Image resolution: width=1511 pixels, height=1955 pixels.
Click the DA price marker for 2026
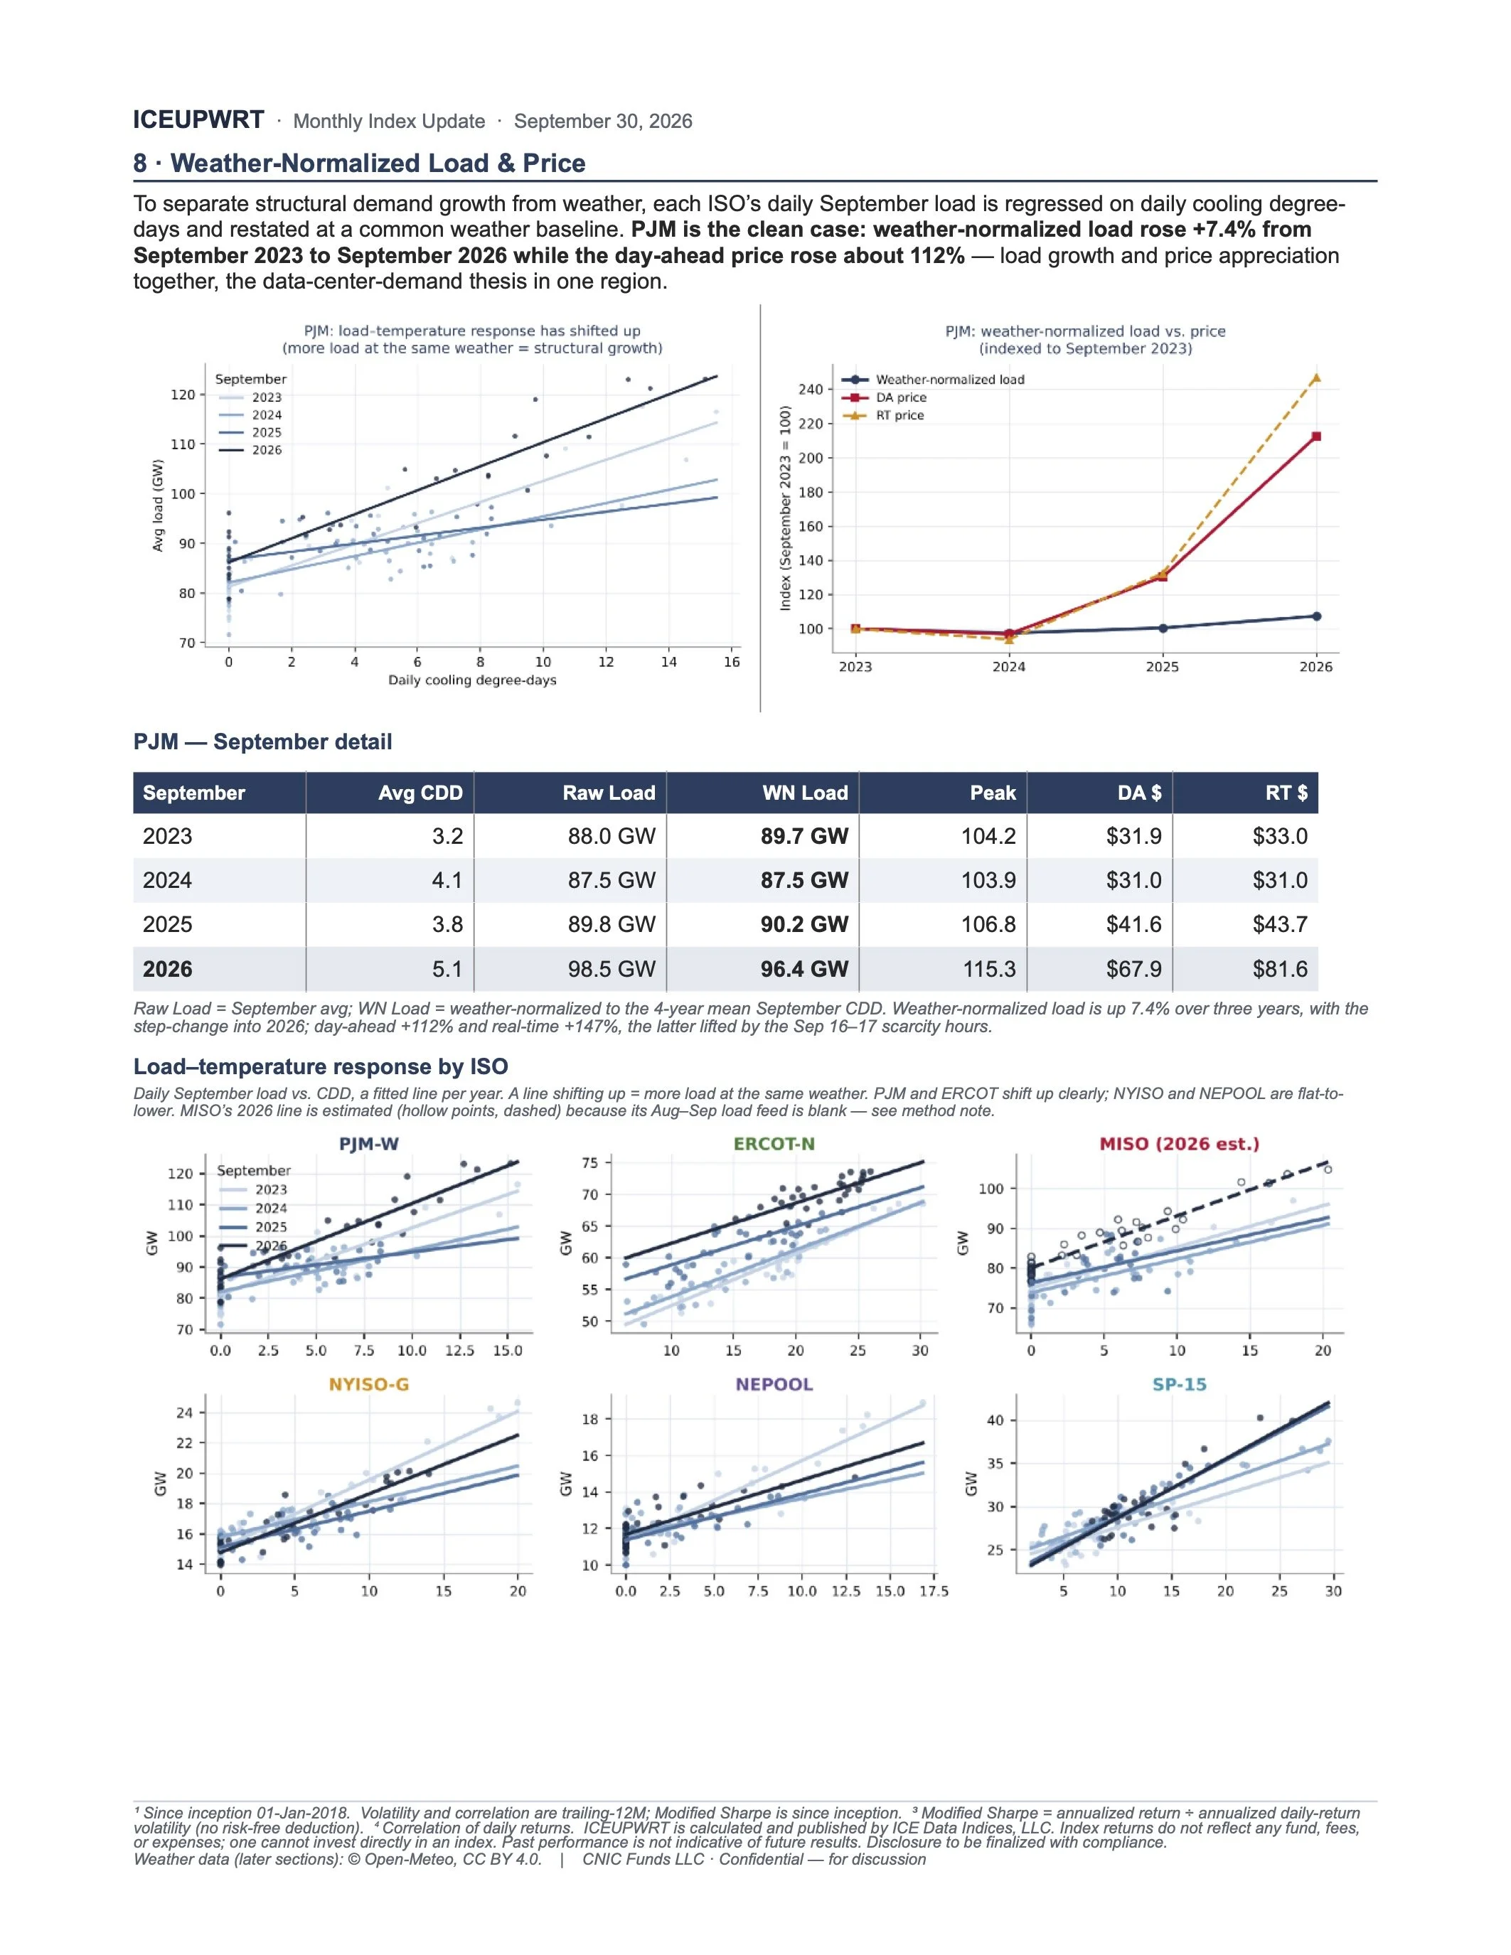coord(1316,436)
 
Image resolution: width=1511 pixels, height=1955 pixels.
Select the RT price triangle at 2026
coord(1316,377)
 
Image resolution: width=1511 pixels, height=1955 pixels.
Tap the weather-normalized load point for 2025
coord(1163,628)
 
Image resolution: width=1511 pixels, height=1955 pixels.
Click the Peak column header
coord(993,793)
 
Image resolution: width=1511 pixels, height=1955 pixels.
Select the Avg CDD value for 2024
coord(447,880)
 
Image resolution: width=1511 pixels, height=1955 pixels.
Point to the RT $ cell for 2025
coord(1280,925)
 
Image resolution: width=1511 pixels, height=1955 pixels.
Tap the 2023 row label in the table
coord(167,836)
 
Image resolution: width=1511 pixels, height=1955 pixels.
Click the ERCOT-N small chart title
coord(774,1144)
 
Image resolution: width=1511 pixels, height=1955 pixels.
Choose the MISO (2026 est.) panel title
coord(1180,1144)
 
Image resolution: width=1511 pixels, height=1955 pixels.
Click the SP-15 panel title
coord(1180,1385)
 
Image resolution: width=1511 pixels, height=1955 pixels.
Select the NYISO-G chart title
coord(369,1385)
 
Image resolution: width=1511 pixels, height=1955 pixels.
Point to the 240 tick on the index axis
coord(811,390)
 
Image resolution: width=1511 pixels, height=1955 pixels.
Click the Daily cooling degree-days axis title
coord(473,680)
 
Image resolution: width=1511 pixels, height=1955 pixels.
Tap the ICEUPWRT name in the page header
coord(198,120)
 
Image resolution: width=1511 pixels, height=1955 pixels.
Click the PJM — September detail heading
coord(263,742)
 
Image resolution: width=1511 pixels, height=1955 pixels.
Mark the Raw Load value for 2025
coord(612,925)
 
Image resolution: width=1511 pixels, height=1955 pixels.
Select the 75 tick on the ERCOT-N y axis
coord(591,1163)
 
